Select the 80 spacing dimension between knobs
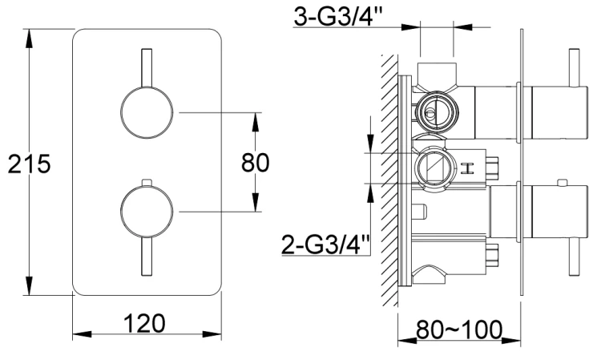pos(256,162)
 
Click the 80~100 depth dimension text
pos(458,329)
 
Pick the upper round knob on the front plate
pos(146,114)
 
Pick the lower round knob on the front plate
pos(146,212)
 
